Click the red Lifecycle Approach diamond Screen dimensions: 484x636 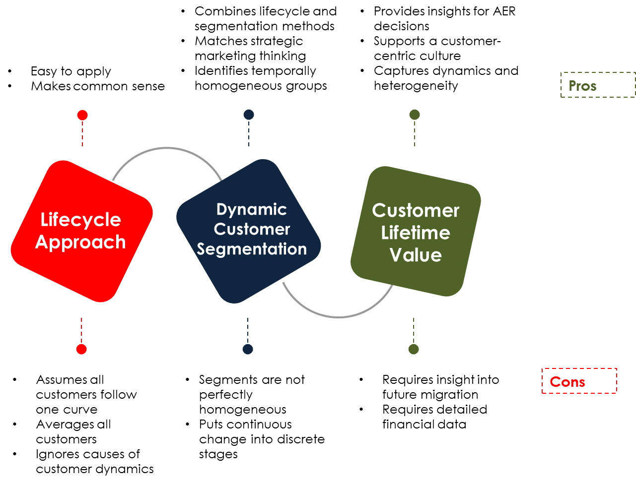[81, 231]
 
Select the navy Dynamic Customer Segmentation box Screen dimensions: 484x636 [249, 231]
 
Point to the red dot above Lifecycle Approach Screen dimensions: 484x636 [82, 115]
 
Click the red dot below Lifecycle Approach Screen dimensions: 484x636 [81, 349]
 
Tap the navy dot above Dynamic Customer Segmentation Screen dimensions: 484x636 [249, 115]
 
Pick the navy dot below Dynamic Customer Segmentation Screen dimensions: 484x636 [248, 349]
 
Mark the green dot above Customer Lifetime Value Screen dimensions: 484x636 [415, 115]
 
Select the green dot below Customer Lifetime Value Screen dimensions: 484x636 [414, 349]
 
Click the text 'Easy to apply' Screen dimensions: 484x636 [71, 71]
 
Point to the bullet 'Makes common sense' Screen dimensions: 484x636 [98, 86]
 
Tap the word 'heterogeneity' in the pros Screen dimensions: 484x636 [416, 86]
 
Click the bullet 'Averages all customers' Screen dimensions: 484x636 [73, 432]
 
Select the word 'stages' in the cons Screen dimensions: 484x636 [218, 454]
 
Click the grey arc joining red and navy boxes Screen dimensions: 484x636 [167, 148]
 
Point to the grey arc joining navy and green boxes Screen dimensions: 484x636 [338, 316]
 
